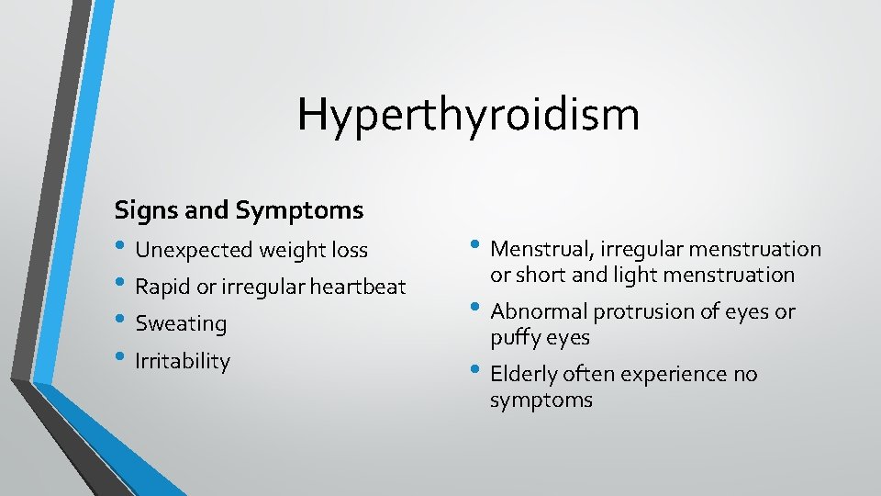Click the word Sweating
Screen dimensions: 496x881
[180, 324]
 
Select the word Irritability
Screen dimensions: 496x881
[182, 361]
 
